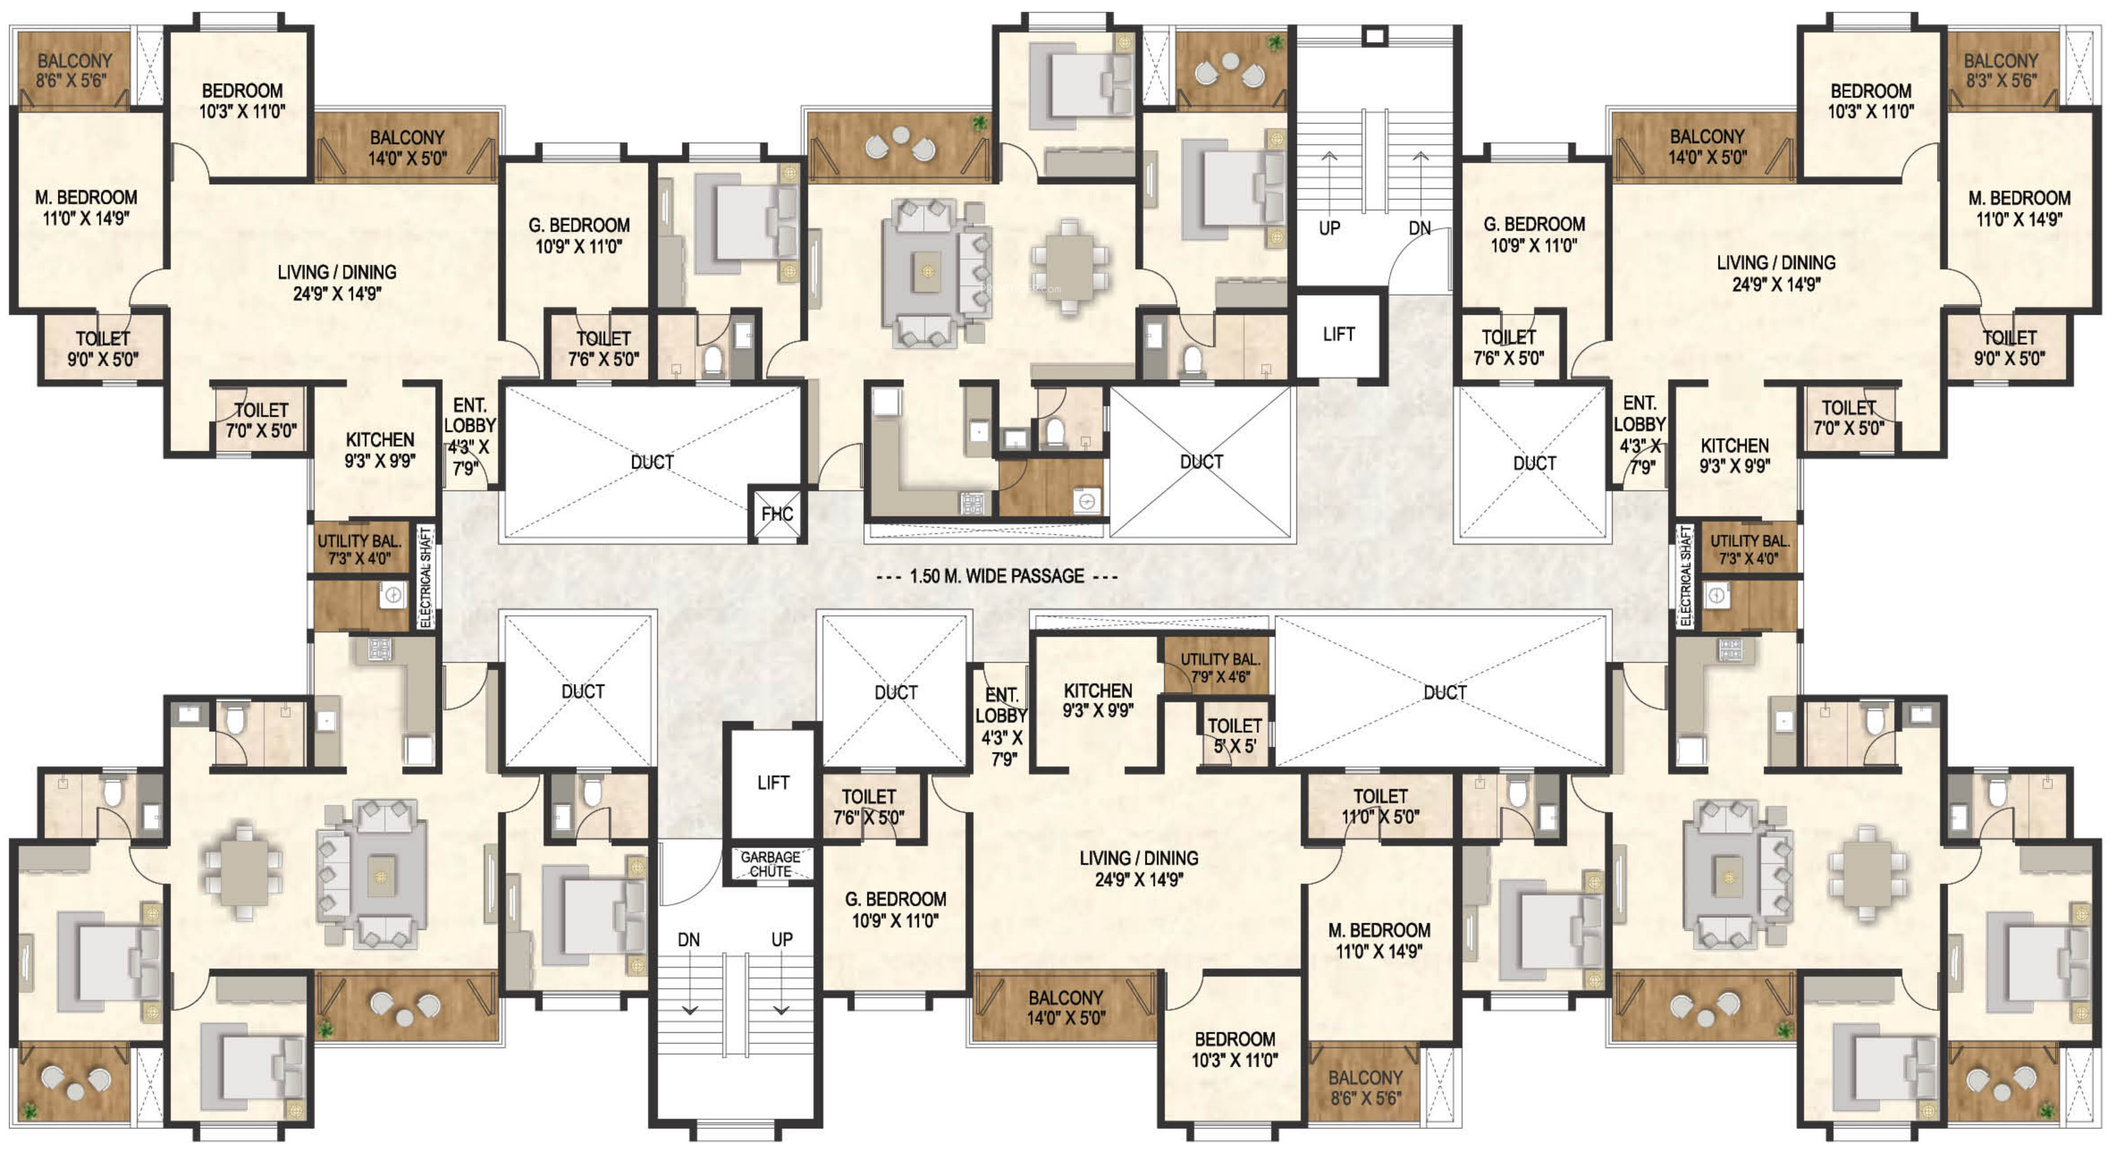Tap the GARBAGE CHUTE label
(x=770, y=864)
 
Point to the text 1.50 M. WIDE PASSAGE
(x=997, y=576)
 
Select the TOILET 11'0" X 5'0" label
(x=1380, y=806)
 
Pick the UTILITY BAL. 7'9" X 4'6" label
(x=1220, y=668)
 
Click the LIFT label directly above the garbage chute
(x=773, y=783)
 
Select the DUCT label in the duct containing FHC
(x=651, y=463)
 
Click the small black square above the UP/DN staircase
(x=1374, y=36)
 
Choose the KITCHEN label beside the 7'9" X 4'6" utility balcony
(x=1097, y=701)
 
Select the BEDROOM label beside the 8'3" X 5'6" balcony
(x=1871, y=101)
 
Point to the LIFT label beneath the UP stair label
(x=1338, y=334)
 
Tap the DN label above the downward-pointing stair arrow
(x=688, y=939)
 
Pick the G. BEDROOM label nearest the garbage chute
(x=895, y=910)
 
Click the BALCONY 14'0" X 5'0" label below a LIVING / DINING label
(x=1066, y=1007)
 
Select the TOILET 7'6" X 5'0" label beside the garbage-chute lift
(x=869, y=806)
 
